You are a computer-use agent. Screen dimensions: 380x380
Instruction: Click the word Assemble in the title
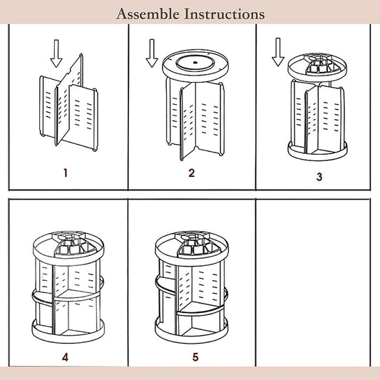coord(148,14)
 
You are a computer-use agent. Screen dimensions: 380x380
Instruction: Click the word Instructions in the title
coord(225,14)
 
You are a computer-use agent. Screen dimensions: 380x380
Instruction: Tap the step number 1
coord(66,173)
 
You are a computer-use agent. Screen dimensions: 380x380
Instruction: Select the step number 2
coord(192,173)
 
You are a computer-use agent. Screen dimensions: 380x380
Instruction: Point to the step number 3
coord(319,177)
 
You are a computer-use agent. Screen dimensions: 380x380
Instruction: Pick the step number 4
coord(65,357)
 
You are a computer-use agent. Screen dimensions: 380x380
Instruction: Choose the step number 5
coord(195,357)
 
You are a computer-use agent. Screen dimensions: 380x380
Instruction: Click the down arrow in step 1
coord(56,53)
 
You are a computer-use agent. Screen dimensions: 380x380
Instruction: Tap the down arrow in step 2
coord(152,53)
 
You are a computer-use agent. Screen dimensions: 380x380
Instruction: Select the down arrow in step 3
coord(278,52)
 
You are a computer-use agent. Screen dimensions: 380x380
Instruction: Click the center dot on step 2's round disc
coord(195,62)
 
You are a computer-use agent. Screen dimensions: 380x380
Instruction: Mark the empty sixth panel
coord(313,282)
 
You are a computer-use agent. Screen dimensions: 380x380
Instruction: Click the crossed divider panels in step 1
coord(68,102)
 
